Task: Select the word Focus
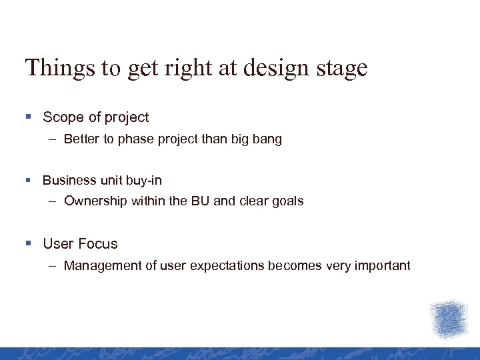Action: coord(98,244)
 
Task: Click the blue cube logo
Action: coord(448,319)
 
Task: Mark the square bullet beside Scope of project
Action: coord(29,117)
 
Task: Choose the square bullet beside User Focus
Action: coord(29,244)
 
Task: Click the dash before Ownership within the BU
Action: coord(52,201)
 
